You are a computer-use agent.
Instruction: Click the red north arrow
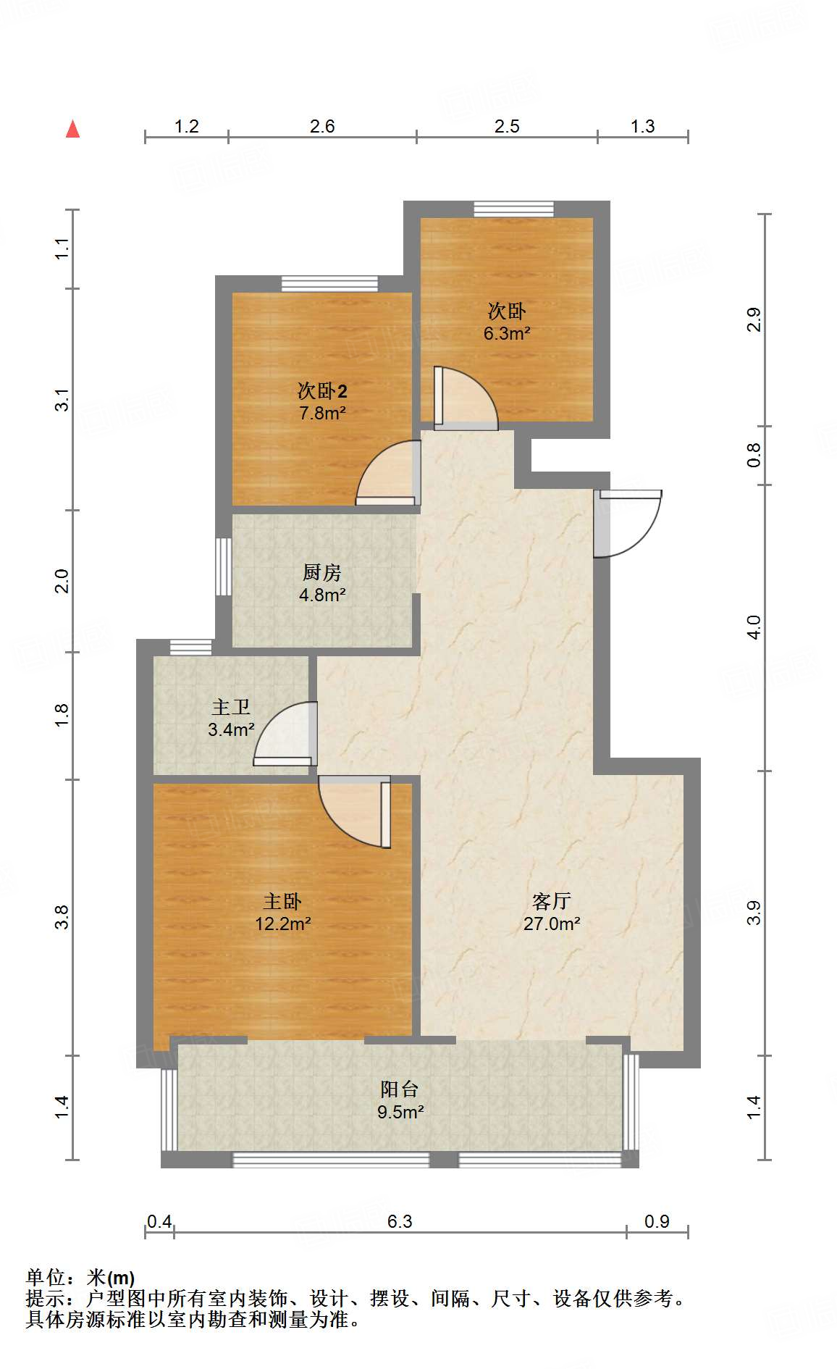(x=72, y=130)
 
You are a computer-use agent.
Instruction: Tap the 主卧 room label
(x=282, y=901)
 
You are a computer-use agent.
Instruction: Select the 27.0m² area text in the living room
(x=552, y=924)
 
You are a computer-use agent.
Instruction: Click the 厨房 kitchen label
(x=321, y=572)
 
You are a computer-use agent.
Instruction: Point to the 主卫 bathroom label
(x=231, y=707)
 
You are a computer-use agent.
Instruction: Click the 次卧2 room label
(x=322, y=391)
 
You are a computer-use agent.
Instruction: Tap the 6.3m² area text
(x=507, y=334)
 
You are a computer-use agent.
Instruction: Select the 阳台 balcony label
(x=400, y=1089)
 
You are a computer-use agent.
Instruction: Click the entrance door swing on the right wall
(x=627, y=524)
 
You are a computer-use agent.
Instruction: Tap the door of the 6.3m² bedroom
(x=466, y=398)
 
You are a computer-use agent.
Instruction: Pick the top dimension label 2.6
(x=322, y=126)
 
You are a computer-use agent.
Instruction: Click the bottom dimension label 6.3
(x=400, y=1221)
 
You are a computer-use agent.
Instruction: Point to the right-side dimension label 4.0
(x=754, y=627)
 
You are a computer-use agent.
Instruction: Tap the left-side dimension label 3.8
(x=62, y=917)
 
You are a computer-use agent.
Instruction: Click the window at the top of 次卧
(x=514, y=209)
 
